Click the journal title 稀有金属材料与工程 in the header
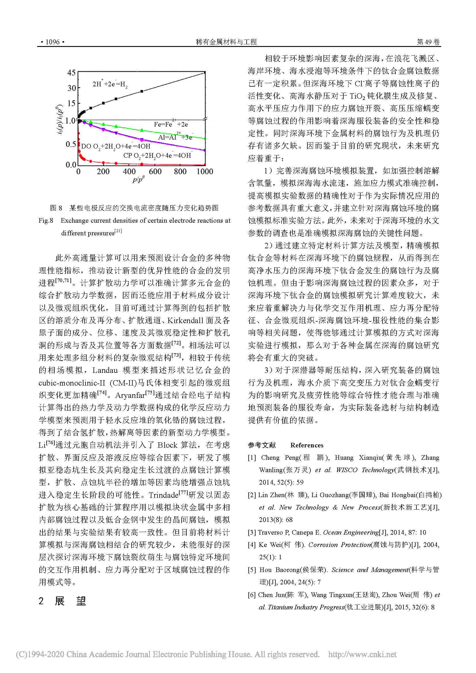(x=226, y=42)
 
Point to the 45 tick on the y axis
(x=71, y=73)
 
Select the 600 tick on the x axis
(x=155, y=172)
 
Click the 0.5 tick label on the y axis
(x=71, y=144)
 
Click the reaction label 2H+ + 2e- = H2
(x=110, y=84)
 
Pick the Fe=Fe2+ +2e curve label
(x=171, y=124)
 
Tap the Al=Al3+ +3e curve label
(x=175, y=137)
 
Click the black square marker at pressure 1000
(x=205, y=72)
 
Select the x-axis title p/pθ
(x=139, y=180)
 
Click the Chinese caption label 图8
(x=56, y=208)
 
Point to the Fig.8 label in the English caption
(x=46, y=221)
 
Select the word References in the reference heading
(x=306, y=445)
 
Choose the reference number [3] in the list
(x=252, y=532)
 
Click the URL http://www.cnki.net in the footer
(x=362, y=655)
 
